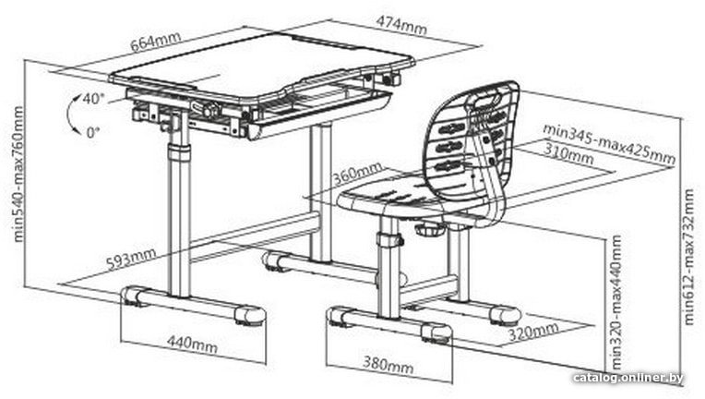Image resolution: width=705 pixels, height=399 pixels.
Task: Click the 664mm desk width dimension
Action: (x=155, y=41)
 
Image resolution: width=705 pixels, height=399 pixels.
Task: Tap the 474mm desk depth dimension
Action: (x=401, y=25)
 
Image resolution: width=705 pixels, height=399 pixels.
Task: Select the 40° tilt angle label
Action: (x=93, y=99)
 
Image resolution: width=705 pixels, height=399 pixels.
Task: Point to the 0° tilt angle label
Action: (x=92, y=132)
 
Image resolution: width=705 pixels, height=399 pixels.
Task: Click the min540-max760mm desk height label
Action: (x=18, y=174)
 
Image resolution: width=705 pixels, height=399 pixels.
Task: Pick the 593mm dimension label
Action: (x=131, y=259)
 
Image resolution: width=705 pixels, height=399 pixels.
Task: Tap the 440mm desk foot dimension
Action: (x=192, y=345)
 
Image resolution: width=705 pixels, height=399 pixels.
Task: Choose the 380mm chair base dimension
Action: (x=388, y=364)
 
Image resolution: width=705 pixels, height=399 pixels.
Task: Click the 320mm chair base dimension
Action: (x=533, y=331)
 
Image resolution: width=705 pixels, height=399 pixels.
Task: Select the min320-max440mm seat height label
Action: (x=616, y=301)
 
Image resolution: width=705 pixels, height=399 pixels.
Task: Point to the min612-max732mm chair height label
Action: (x=688, y=257)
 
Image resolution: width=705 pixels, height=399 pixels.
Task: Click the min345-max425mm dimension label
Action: (x=609, y=142)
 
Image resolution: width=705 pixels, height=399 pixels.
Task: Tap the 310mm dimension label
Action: (x=568, y=153)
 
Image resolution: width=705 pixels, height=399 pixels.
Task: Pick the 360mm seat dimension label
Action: (x=358, y=174)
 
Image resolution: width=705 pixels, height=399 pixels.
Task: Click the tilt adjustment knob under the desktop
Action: (x=209, y=110)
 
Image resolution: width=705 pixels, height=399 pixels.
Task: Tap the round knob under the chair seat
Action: (x=430, y=229)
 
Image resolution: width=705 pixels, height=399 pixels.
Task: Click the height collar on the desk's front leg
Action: (x=179, y=153)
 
